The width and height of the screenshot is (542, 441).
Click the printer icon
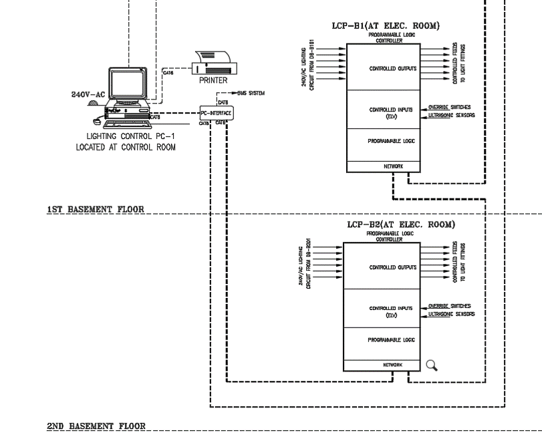[x=213, y=63]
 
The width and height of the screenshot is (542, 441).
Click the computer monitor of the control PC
[x=128, y=83]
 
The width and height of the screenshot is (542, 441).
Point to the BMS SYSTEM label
[x=250, y=94]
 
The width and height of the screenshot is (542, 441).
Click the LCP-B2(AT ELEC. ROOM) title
[x=401, y=225]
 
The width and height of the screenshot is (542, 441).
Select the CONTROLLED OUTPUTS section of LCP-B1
[x=383, y=69]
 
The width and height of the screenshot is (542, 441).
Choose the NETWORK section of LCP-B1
[x=383, y=167]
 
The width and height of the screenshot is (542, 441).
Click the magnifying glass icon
[x=432, y=365]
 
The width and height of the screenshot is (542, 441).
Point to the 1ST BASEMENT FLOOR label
[x=96, y=209]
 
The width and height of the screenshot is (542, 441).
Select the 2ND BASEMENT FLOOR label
[x=96, y=426]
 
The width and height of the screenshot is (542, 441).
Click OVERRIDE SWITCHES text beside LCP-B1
[x=450, y=107]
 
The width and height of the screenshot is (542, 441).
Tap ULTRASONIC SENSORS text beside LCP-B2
[x=452, y=313]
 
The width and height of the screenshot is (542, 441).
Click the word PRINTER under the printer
[x=213, y=80]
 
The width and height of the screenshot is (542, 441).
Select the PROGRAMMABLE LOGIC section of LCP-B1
[x=383, y=142]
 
